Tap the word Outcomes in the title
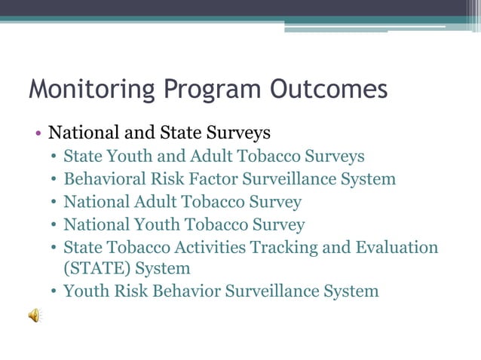coord(328,90)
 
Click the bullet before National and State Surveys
coord(38,134)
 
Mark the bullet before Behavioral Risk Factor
coord(54,180)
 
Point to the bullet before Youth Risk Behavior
coord(54,291)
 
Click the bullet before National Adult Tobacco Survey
coord(54,203)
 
